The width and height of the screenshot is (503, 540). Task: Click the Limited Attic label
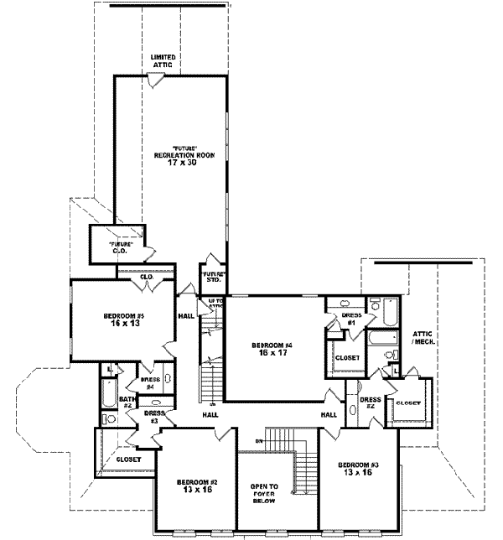coord(163,60)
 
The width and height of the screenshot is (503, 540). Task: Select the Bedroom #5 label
coord(124,319)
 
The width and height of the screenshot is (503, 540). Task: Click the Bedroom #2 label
coord(197,485)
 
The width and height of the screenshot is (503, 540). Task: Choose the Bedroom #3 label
coord(359,469)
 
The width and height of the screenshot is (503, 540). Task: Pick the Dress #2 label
coord(371,403)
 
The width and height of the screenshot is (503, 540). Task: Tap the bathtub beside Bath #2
coord(109,392)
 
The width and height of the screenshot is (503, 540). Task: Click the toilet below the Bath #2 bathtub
coord(108,418)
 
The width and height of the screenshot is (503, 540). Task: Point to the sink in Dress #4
coord(166,379)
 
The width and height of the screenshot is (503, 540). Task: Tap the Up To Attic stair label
coord(215,304)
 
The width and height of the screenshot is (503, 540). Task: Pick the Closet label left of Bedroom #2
coord(128,460)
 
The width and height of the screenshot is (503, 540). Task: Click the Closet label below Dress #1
coord(346,358)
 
